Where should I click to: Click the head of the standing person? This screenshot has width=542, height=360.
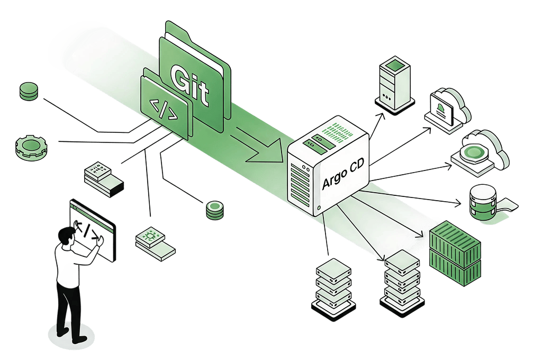(x=67, y=236)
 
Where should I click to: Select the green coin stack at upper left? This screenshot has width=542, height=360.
(x=29, y=91)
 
